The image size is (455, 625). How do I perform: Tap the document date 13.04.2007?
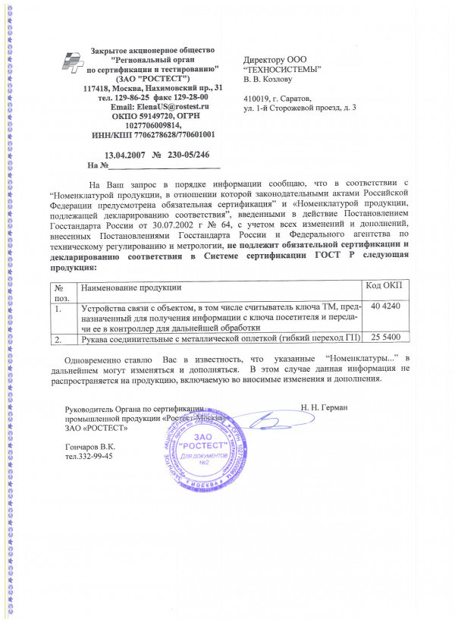[x=124, y=154]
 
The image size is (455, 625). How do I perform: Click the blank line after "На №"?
[x=163, y=165]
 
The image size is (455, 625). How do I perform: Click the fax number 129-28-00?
[x=183, y=98]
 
